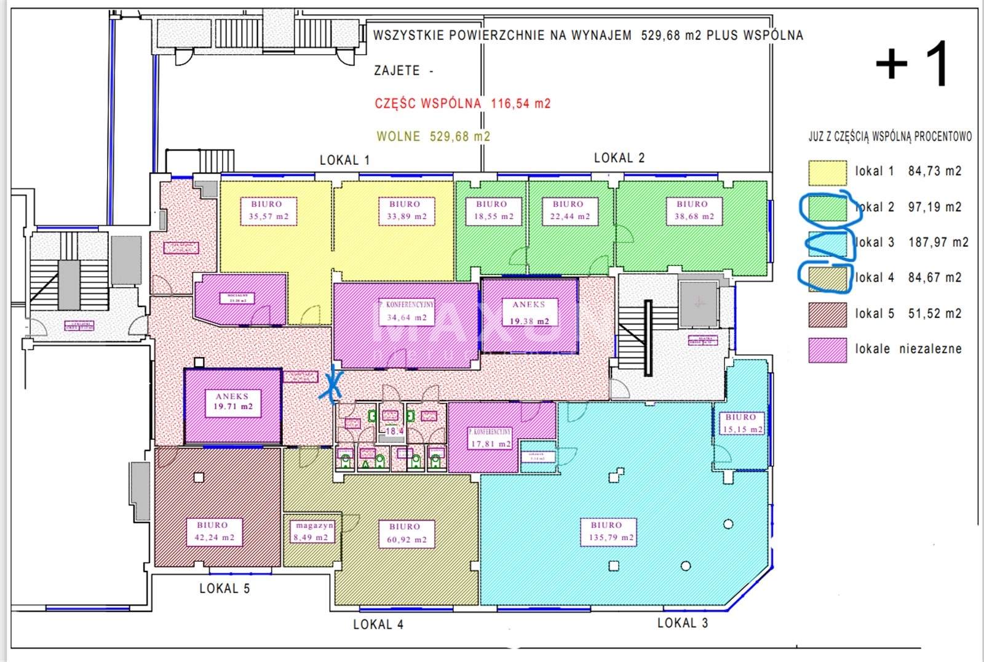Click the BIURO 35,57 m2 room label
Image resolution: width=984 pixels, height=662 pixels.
coord(268,210)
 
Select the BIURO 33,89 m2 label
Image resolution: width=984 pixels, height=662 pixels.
coord(407,210)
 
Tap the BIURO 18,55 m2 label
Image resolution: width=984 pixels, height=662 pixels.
coord(493,210)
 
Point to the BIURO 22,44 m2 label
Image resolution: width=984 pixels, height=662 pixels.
coord(569,210)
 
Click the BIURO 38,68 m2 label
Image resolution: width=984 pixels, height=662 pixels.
coord(694,210)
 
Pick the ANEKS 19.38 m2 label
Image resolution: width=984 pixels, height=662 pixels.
coord(529,313)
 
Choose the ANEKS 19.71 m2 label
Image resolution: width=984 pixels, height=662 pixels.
coord(232,402)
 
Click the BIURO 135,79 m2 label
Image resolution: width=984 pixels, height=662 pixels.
coord(608,532)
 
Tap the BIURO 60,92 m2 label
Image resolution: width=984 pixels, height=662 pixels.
coord(406,533)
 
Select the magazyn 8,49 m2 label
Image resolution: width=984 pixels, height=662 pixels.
coord(314,532)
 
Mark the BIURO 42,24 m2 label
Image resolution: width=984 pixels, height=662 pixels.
coord(214,532)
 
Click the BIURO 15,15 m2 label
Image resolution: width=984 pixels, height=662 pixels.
coord(742,423)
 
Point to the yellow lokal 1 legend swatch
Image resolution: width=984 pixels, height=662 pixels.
coord(827,172)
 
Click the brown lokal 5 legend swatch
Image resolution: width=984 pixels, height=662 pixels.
coord(827,314)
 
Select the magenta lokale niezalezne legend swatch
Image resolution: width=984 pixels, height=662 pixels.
coord(827,349)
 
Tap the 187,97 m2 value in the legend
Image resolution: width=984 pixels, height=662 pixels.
coord(938,242)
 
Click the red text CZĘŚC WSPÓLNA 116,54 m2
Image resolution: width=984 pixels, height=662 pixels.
coord(462,103)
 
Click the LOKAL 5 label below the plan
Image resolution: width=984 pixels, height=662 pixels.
coord(224,589)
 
